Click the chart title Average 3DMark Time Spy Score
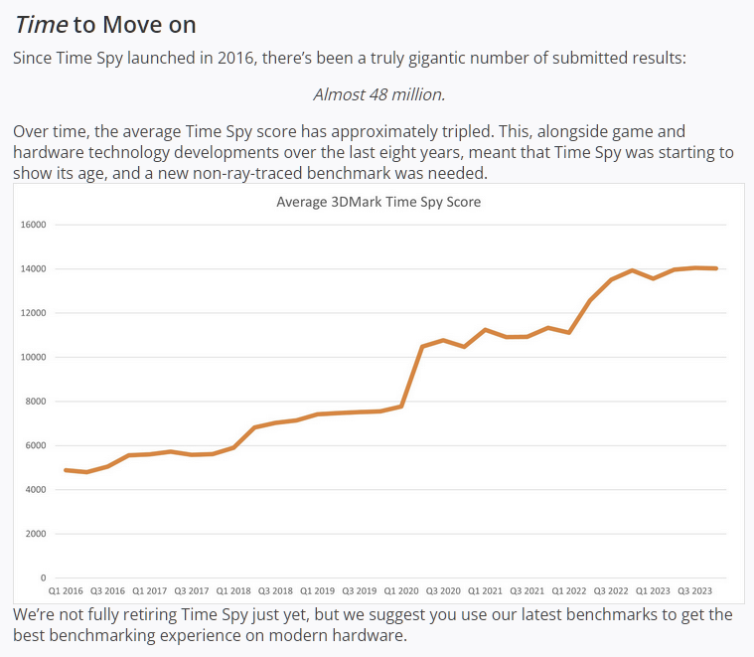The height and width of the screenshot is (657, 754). coord(377,203)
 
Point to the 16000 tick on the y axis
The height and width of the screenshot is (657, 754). coord(34,225)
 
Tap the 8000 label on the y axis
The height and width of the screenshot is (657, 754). coord(36,402)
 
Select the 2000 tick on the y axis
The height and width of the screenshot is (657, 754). coord(36,534)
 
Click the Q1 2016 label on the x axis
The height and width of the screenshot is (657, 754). coord(68,589)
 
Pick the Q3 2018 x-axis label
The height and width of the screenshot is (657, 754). coord(276,589)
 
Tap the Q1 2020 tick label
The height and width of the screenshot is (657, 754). coord(401,589)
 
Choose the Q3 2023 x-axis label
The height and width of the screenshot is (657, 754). coord(694,589)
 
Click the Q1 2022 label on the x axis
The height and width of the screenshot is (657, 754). coord(568,589)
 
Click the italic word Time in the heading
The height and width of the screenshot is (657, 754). coord(42,25)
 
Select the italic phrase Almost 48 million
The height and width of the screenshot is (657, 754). coord(378,94)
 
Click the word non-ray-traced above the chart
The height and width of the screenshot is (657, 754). coord(323,172)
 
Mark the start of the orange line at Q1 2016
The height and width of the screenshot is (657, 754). coord(66,470)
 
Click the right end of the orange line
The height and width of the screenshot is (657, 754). coord(715,268)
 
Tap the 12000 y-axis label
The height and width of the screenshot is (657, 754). coord(34,313)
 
